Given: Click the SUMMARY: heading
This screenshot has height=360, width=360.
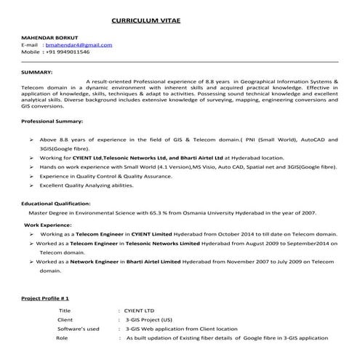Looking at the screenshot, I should click(x=36, y=73).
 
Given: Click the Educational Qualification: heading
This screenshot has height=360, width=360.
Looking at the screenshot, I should click(x=56, y=204).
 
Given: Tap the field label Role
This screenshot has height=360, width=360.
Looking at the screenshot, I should click(x=62, y=338).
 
